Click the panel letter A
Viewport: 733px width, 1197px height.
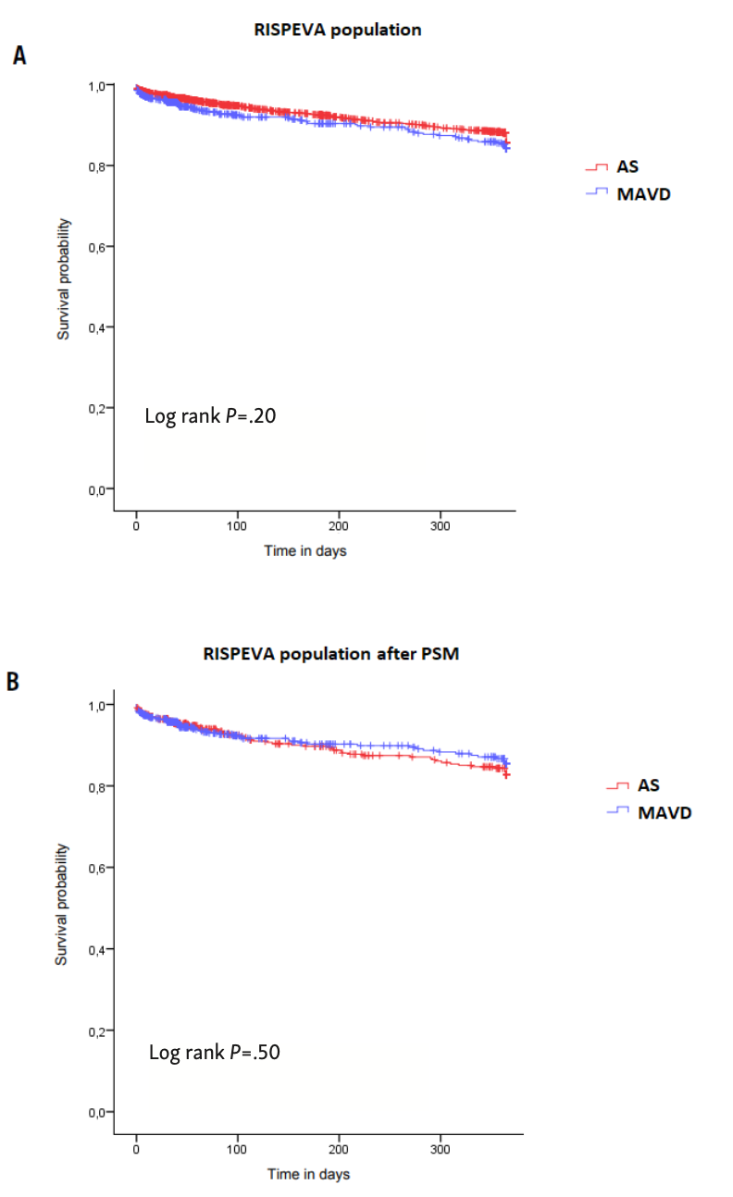pos(19,56)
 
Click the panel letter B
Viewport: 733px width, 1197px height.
pos(15,683)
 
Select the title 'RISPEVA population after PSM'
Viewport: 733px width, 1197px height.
pos(331,653)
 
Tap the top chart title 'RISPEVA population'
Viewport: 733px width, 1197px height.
pos(338,30)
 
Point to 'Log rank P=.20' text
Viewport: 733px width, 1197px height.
pos(210,416)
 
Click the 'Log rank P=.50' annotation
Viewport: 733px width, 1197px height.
pos(214,1052)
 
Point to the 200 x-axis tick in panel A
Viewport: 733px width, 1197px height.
pos(339,525)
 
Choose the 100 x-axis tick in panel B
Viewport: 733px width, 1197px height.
pos(238,1150)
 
